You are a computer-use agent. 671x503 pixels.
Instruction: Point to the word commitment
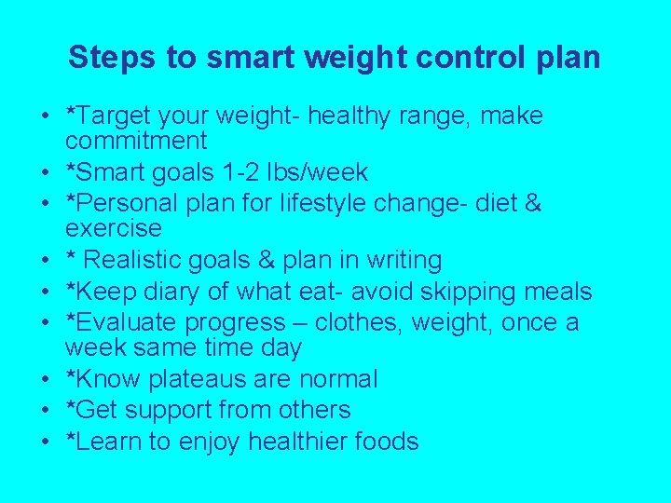coord(136,142)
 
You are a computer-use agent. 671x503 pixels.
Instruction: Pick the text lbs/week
coord(330,172)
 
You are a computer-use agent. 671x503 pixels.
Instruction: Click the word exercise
coord(113,228)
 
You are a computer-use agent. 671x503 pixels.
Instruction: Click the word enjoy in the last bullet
coord(224,441)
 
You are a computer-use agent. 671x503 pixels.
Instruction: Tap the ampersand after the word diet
coord(532,203)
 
